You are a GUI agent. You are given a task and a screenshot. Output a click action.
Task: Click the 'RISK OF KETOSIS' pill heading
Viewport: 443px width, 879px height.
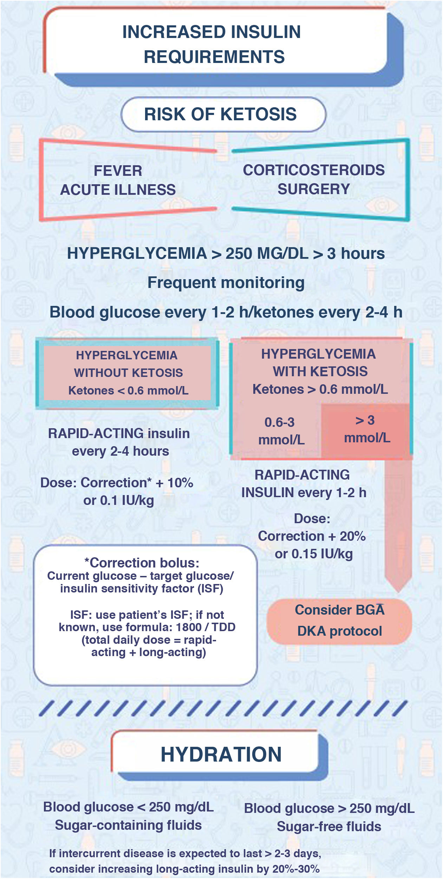click(x=223, y=115)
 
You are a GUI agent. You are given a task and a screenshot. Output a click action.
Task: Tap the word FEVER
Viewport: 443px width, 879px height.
click(x=118, y=171)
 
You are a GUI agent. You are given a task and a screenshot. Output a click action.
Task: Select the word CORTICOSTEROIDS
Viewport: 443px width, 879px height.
click(x=314, y=170)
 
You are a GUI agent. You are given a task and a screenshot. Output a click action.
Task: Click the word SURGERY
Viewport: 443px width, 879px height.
click(x=314, y=189)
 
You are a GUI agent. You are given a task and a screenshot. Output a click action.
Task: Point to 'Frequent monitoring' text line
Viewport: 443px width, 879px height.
click(x=226, y=283)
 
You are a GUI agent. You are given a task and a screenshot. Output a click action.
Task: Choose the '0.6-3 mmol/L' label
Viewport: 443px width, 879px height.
click(x=280, y=431)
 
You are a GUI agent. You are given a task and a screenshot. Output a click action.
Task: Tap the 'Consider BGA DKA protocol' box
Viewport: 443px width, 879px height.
click(x=339, y=621)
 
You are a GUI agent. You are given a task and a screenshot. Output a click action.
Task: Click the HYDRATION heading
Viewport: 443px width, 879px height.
click(x=221, y=755)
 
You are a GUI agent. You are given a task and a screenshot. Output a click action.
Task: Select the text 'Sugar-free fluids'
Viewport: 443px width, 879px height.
click(x=329, y=827)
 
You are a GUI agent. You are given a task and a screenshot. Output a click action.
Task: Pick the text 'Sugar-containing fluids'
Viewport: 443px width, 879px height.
click(x=128, y=825)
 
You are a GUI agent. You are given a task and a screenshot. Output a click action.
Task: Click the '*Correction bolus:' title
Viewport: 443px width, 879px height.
click(x=142, y=563)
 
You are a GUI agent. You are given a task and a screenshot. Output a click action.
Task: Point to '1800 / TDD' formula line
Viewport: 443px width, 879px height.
click(x=147, y=627)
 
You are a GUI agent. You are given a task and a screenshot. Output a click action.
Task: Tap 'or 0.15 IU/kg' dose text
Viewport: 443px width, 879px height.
click(x=314, y=554)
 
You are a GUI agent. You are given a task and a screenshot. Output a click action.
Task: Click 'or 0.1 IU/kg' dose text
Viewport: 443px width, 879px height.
click(x=119, y=501)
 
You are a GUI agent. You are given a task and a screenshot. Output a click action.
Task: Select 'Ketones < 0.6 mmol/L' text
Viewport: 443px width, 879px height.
click(x=128, y=391)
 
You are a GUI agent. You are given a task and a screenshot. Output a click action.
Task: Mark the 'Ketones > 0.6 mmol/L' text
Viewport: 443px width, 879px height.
click(x=320, y=389)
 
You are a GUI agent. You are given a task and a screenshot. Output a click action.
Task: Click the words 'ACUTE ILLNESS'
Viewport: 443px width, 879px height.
click(x=118, y=190)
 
